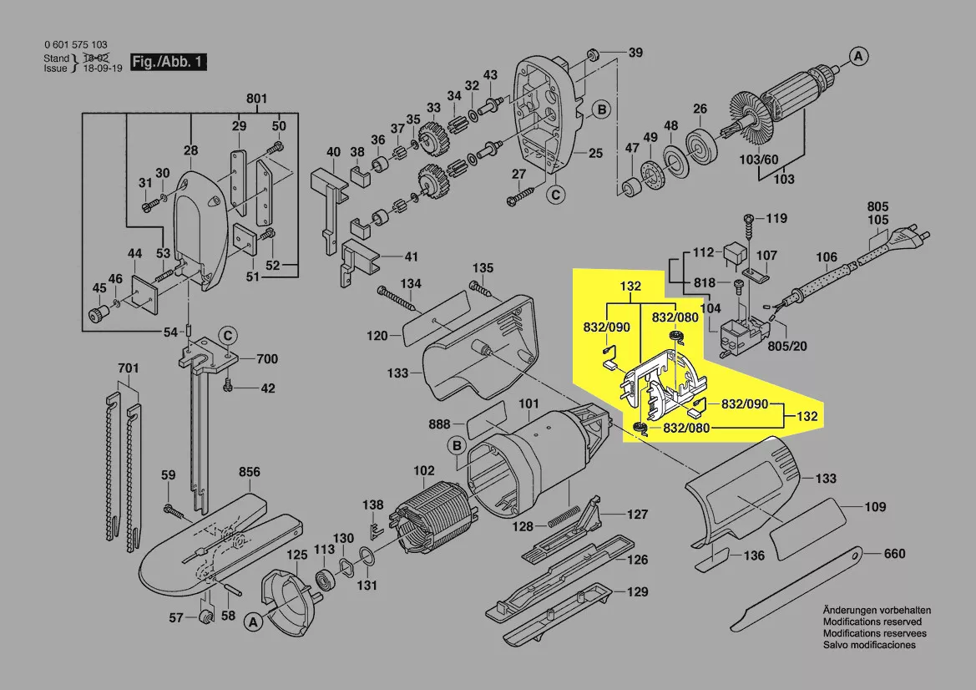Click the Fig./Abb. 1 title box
click(x=168, y=62)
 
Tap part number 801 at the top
click(x=256, y=100)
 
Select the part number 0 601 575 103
click(x=75, y=45)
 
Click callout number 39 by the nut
click(x=635, y=53)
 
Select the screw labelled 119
click(x=749, y=219)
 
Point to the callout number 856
click(x=250, y=471)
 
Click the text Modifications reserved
click(x=872, y=622)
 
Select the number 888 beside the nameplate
click(x=438, y=424)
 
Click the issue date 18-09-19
click(x=100, y=68)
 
